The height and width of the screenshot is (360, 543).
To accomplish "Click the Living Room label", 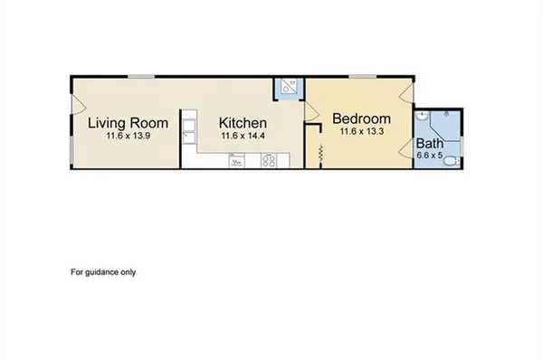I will pos(127,122).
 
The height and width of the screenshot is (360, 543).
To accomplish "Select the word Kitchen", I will pos(243,122).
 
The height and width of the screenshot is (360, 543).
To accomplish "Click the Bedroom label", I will pos(361,118).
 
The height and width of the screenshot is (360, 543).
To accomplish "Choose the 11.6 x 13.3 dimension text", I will pos(361,131).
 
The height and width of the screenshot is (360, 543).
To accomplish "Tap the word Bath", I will pos(430,143).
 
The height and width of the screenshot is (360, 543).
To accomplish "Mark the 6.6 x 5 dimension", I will pos(430,155).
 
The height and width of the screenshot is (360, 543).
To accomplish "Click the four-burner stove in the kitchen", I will pos(269,161).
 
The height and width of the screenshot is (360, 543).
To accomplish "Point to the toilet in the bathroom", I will pos(454,160).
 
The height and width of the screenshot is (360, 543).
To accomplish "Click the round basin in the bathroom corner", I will pos(423,117).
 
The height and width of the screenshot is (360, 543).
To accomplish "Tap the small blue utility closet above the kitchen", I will pos(289,87).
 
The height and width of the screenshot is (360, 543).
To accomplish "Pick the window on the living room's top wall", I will pos(139,76).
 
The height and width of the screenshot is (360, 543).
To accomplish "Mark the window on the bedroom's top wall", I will pos(363,76).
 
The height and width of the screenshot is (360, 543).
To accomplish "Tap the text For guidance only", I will pos(103,271).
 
